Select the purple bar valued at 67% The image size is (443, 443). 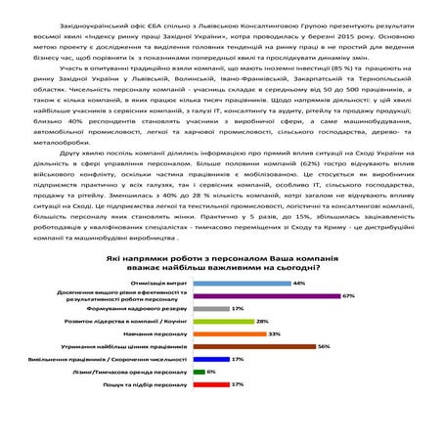click(266, 294)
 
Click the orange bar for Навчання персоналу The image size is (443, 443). click(229, 332)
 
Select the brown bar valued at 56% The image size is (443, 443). click(254, 345)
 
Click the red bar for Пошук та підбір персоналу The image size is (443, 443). click(211, 384)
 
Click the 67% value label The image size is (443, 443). click(348, 294)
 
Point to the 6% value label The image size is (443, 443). click(211, 372)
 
